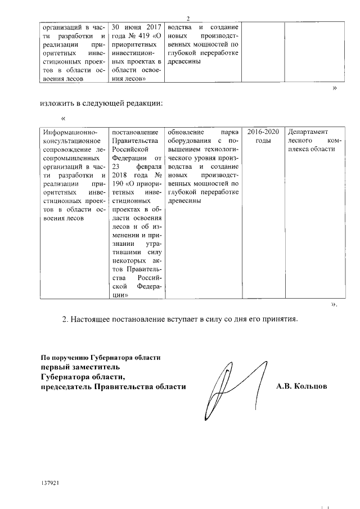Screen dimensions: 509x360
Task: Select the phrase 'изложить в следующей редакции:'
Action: coord(102,103)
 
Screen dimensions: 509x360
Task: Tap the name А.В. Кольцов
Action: coord(301,387)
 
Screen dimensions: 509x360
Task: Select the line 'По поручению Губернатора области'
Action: coord(101,357)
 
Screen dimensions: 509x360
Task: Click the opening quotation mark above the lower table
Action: coord(63,118)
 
